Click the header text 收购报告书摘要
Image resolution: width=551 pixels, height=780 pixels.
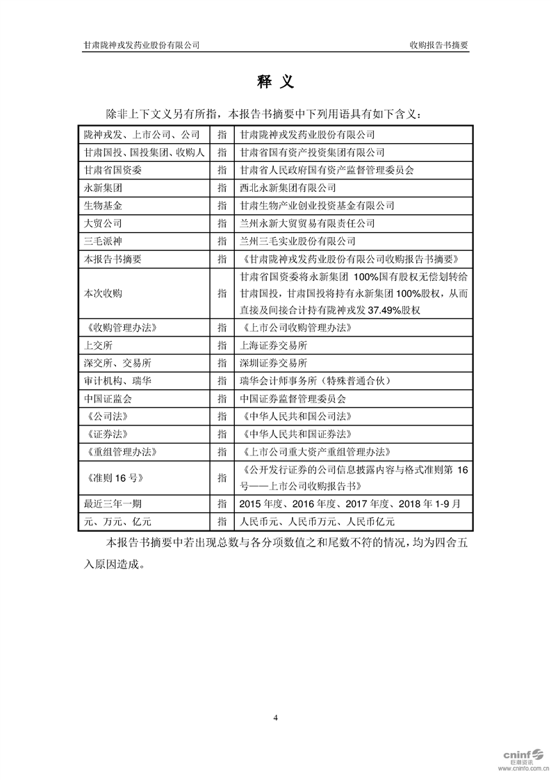pyautogui.click(x=438, y=44)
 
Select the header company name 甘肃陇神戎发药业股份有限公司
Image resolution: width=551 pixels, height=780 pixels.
pyautogui.click(x=142, y=44)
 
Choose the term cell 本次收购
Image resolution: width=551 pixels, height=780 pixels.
pyautogui.click(x=101, y=293)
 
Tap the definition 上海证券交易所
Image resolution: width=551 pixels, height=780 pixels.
pyautogui.click(x=272, y=345)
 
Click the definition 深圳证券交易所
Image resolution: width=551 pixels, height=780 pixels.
pyautogui.click(x=272, y=363)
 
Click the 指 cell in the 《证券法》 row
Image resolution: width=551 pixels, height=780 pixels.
pyautogui.click(x=222, y=434)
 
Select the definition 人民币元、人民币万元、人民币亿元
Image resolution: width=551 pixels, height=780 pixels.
pyautogui.click(x=316, y=521)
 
